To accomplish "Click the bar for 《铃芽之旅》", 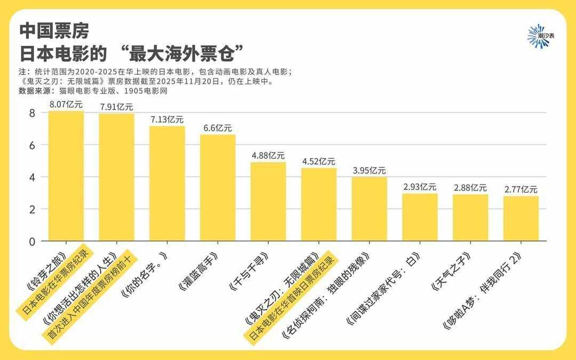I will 66,176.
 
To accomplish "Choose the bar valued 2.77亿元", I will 521,219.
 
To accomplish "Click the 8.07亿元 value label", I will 66,105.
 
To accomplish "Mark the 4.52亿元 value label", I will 318,162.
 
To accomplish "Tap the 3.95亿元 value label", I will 369,171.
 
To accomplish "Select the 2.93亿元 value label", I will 420,187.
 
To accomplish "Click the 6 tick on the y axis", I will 32,145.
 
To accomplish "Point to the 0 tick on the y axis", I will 32,241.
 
